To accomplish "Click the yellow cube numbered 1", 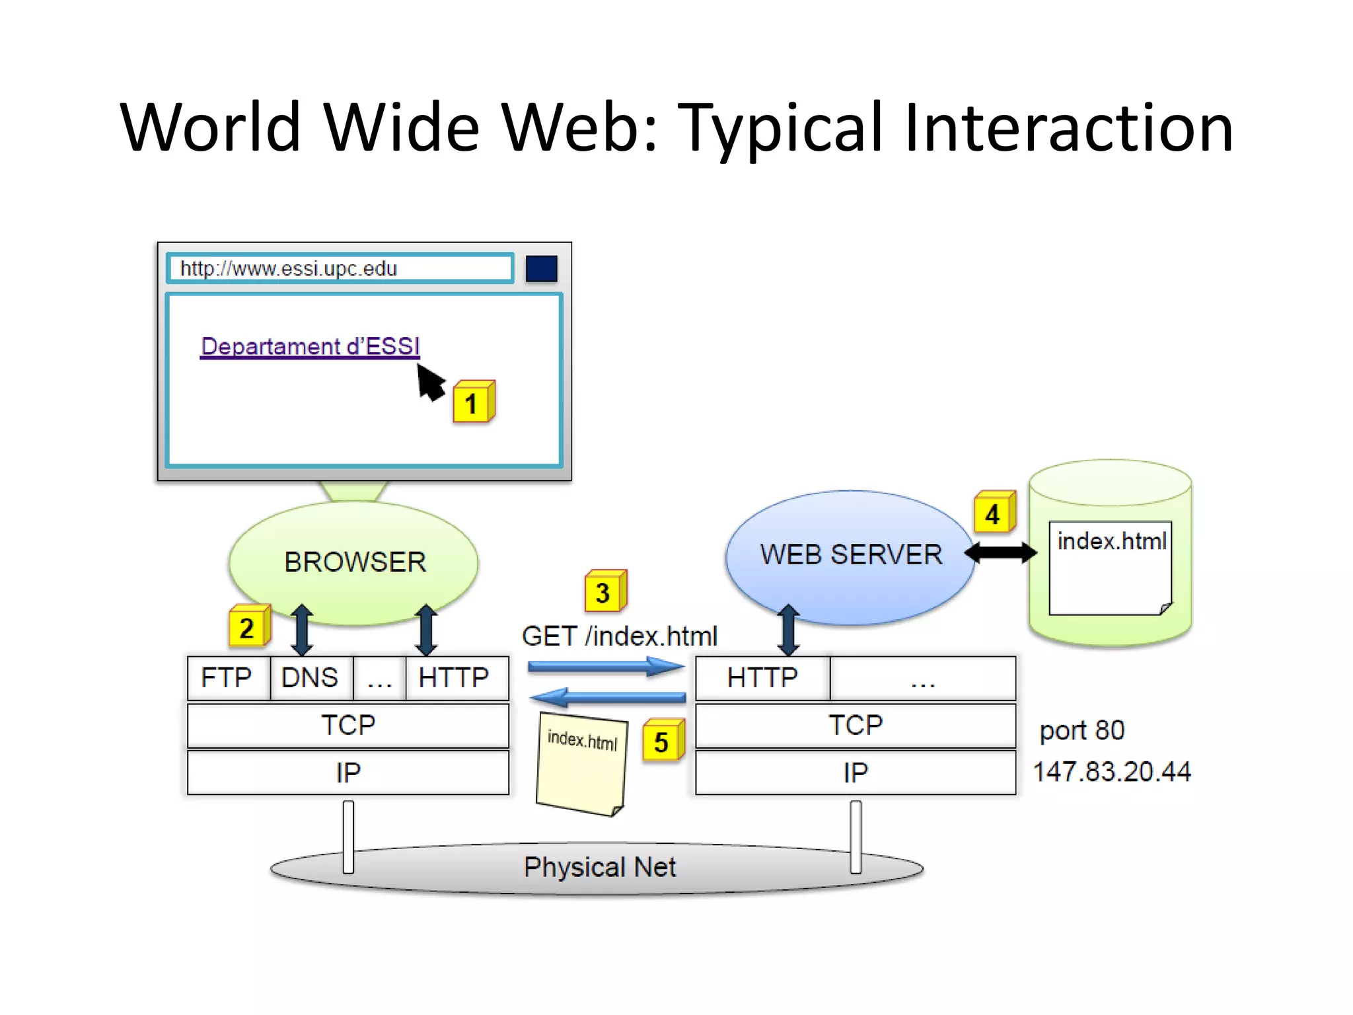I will tap(472, 402).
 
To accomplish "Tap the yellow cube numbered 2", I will tap(248, 626).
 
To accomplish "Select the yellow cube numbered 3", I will tap(604, 591).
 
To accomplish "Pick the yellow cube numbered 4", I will tap(994, 513).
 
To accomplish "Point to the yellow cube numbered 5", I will tap(663, 741).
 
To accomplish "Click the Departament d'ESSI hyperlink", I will tap(310, 346).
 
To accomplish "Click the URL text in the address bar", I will tap(289, 269).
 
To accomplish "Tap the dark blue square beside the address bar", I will tap(541, 269).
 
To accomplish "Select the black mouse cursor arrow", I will tap(430, 383).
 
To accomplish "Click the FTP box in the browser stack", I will tap(227, 678).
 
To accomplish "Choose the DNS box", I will tap(310, 678).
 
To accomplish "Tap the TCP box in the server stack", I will tap(855, 726).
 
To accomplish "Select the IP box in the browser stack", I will tap(347, 772).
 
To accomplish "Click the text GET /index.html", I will tap(619, 636).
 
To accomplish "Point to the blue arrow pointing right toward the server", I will tap(604, 667).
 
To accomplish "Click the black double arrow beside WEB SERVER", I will tap(1000, 552).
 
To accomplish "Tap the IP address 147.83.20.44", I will tap(1112, 772).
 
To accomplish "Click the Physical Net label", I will tap(599, 867).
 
